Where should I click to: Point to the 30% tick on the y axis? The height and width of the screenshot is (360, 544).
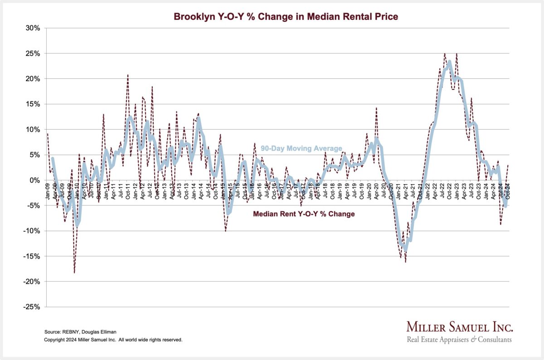34,28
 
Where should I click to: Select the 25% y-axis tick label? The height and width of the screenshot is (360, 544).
34,54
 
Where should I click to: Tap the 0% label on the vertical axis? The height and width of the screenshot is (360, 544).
36,180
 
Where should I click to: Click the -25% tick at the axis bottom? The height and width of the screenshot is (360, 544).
33,307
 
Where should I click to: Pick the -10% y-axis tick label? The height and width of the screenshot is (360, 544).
33,231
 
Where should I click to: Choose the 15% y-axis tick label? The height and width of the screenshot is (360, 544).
34,104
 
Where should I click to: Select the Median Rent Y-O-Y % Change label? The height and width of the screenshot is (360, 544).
304,214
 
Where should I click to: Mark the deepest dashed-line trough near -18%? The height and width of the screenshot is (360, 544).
74,272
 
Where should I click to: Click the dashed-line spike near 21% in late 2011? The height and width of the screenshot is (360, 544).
128,75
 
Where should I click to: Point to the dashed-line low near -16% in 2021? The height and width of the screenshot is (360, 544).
406,262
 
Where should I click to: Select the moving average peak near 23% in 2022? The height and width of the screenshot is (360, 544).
449,61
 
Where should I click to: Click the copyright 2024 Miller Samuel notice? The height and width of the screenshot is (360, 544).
113,340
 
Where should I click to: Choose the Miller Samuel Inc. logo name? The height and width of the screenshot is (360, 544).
459,328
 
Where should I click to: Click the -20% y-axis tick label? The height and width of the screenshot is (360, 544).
33,282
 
